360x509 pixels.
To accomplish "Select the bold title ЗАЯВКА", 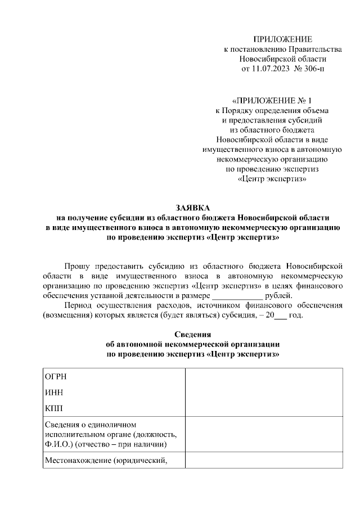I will coord(192,208).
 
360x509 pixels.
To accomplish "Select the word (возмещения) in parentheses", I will coord(69,315).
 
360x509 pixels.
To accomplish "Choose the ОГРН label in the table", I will coord(55,377).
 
